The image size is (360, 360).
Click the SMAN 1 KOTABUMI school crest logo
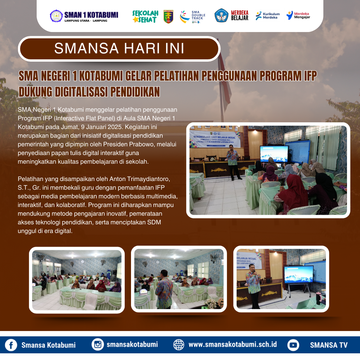[56, 16]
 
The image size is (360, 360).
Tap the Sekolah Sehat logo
[145, 16]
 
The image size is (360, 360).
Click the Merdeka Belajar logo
[232, 15]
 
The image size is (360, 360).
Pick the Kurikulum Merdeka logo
[268, 16]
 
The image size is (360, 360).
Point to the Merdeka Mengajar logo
[298, 15]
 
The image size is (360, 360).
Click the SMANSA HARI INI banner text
[119, 49]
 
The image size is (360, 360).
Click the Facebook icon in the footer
[11, 345]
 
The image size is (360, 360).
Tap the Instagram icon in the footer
[98, 345]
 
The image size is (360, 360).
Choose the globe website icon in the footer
[179, 345]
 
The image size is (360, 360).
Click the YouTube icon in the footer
[293, 345]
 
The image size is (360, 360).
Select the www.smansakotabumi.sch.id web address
[233, 345]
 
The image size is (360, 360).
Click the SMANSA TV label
[329, 345]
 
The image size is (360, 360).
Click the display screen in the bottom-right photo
[298, 274]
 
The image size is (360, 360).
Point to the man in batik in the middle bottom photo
[164, 288]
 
